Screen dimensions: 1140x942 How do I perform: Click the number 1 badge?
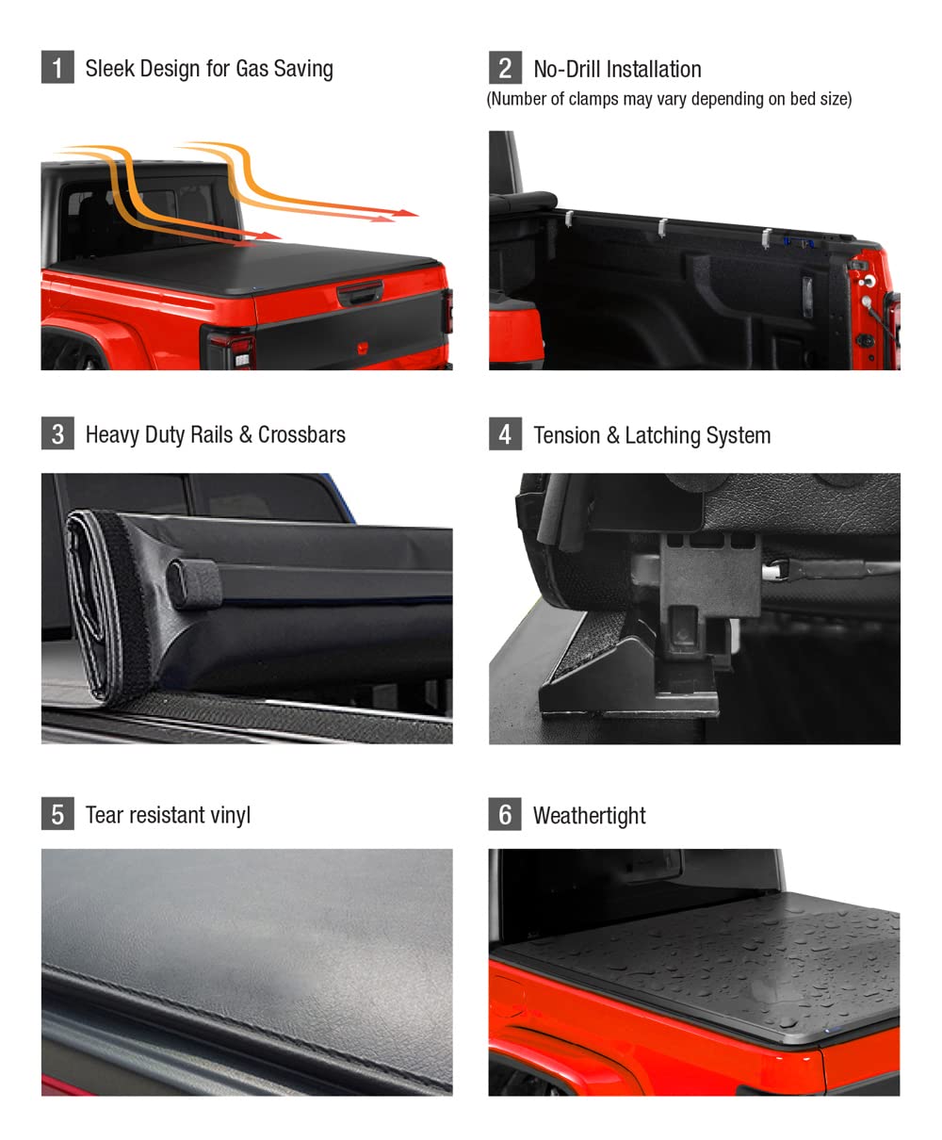tap(57, 68)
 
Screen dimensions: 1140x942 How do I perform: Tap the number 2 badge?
tap(505, 68)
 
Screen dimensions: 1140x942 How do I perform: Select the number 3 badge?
tap(57, 433)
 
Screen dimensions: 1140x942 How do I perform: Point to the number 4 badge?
tap(505, 434)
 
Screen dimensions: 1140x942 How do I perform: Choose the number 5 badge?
tap(57, 814)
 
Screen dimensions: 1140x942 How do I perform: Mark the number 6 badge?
tap(505, 814)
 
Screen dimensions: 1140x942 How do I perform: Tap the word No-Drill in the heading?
tap(570, 69)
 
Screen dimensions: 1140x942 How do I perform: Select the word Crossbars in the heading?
tap(301, 434)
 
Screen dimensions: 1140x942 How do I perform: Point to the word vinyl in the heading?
tap(228, 815)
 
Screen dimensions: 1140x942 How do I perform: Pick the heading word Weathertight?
tap(589, 815)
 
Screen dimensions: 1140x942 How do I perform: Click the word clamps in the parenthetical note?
tap(592, 99)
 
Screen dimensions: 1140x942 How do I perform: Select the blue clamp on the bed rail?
tap(801, 242)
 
